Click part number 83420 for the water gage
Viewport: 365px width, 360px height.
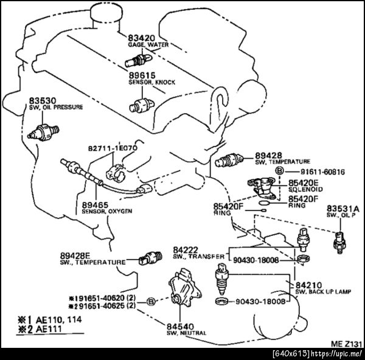point(141,38)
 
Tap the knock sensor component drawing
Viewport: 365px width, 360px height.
point(142,105)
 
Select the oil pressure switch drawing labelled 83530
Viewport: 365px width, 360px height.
point(43,133)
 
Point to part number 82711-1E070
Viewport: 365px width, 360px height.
point(113,148)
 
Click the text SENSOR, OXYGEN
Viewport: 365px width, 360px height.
point(107,211)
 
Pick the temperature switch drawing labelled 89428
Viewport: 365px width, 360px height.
point(229,160)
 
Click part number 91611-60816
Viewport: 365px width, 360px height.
point(322,171)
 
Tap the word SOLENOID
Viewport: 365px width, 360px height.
point(305,189)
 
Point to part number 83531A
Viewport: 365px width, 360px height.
point(343,209)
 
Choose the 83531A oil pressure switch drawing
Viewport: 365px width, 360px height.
point(339,243)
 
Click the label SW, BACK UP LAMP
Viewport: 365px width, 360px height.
point(323,291)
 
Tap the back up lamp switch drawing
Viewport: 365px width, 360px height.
point(222,279)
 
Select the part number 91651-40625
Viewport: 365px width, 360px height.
point(102,306)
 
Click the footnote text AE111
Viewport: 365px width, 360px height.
point(49,329)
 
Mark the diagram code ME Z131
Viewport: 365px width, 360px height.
point(346,344)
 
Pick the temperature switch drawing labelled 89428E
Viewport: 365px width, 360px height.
point(150,258)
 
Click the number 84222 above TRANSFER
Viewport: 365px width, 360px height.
point(186,250)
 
